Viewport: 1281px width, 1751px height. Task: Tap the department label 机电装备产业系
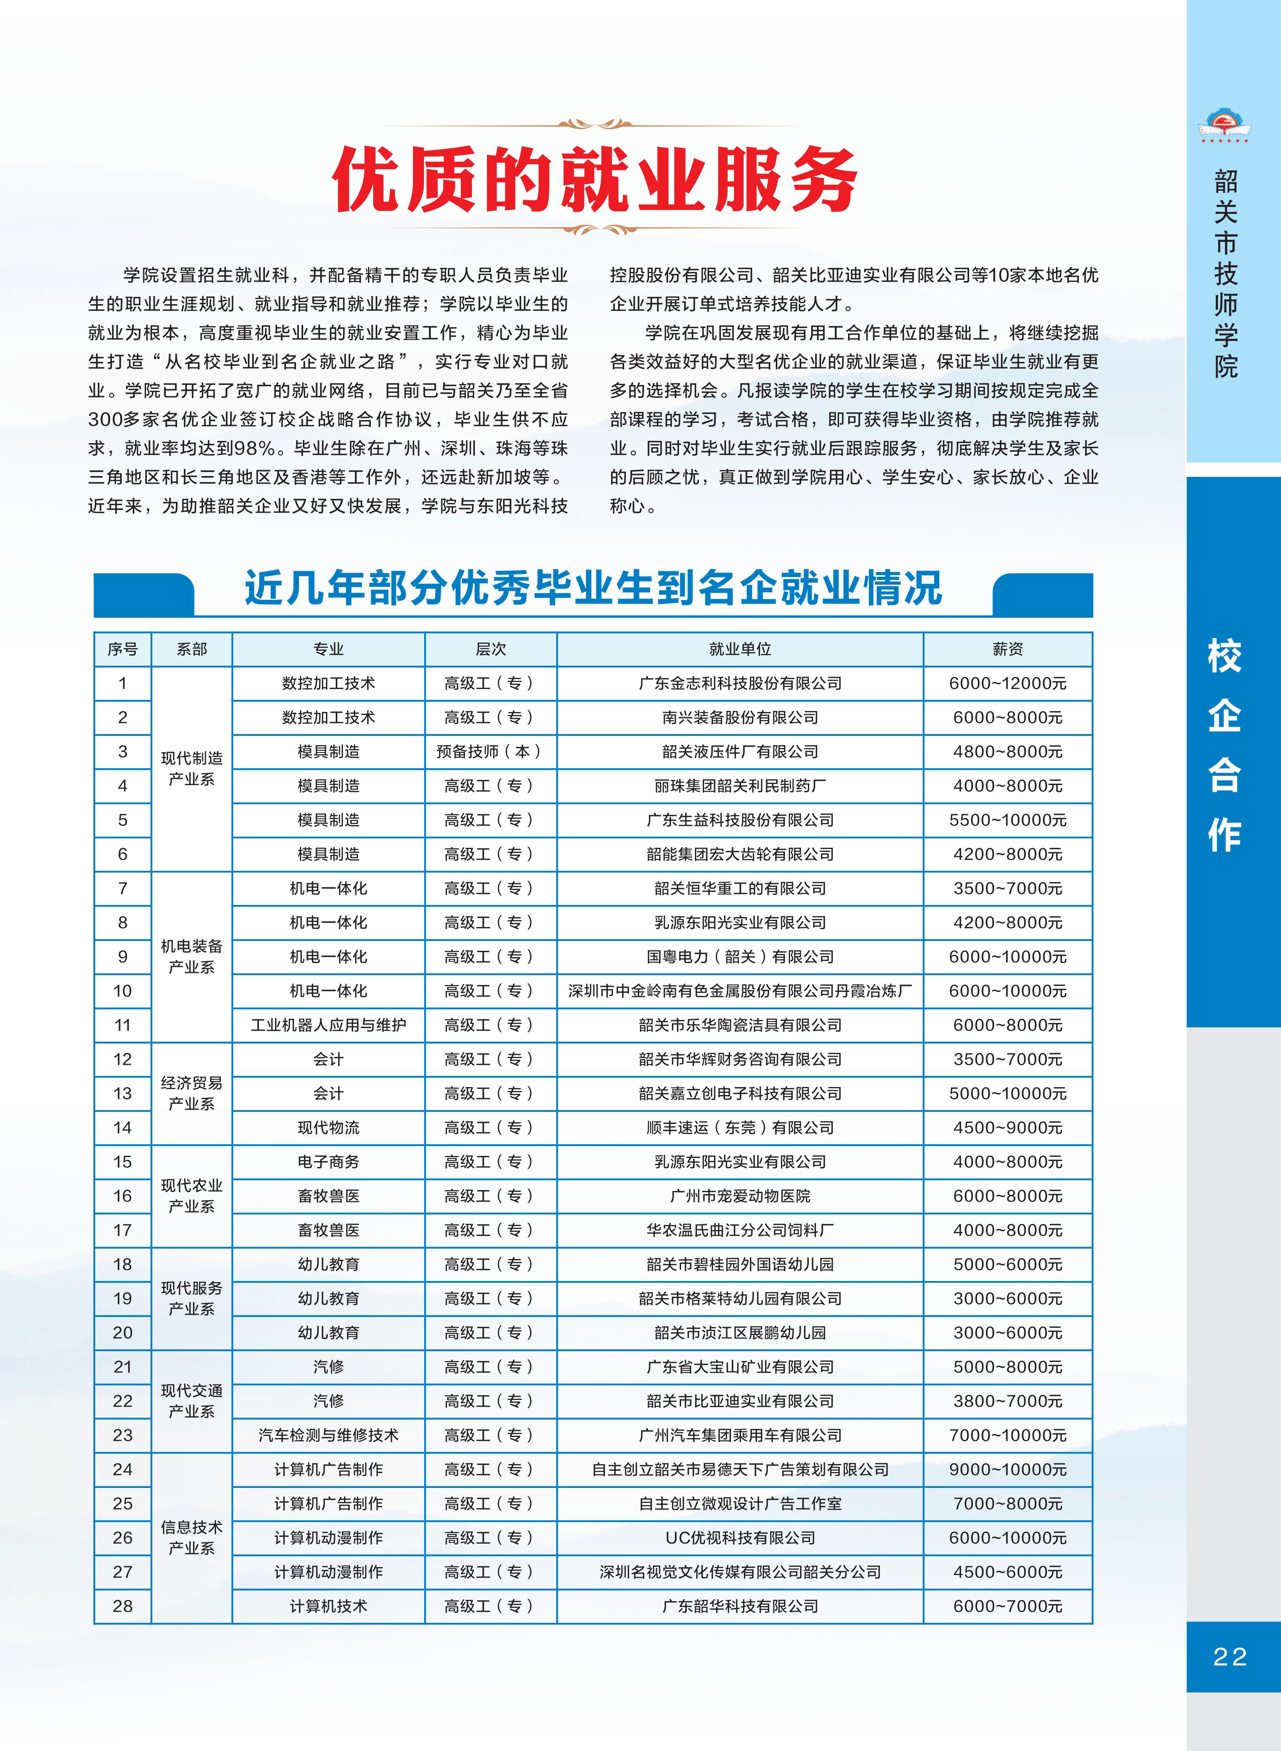191,957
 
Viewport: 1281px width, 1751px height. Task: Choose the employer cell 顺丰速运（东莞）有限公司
740,1127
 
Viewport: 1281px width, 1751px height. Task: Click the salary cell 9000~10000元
1007,1469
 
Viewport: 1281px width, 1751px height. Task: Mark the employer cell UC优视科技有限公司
740,1538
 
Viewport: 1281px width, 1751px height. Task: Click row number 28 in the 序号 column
123,1606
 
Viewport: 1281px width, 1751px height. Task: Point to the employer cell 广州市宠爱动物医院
740,1195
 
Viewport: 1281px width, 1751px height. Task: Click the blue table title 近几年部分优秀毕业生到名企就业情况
593,588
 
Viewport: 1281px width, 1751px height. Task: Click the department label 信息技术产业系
191,1538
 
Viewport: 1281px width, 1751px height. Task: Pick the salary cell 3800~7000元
1007,1401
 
